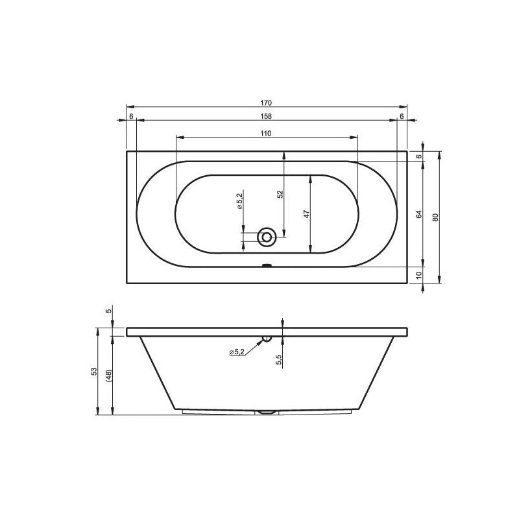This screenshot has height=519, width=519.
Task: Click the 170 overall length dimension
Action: pyautogui.click(x=266, y=103)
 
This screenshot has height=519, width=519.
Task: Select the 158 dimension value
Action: pyautogui.click(x=266, y=116)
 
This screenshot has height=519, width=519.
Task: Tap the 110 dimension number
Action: pyautogui.click(x=266, y=133)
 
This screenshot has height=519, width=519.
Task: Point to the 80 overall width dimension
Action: pyautogui.click(x=436, y=217)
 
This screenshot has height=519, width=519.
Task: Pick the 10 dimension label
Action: pyautogui.click(x=419, y=275)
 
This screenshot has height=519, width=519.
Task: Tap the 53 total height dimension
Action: pyautogui.click(x=94, y=372)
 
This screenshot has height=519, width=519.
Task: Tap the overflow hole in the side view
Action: pyautogui.click(x=267, y=338)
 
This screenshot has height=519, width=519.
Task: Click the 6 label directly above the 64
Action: pyautogui.click(x=419, y=156)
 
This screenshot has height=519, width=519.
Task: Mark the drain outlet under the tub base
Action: pyautogui.click(x=266, y=411)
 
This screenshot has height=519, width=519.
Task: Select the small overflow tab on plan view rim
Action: pyautogui.click(x=266, y=265)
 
